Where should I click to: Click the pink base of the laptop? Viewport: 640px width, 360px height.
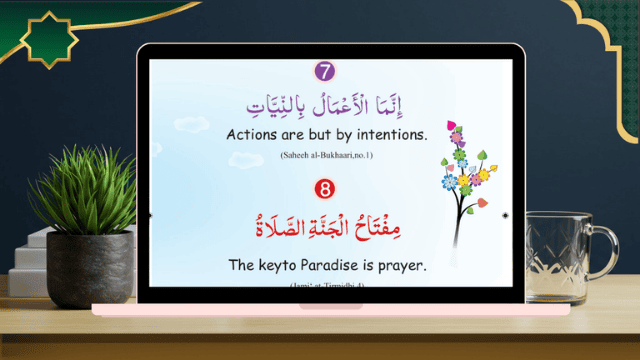point(330,309)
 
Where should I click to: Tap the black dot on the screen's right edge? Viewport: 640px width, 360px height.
point(505,215)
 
